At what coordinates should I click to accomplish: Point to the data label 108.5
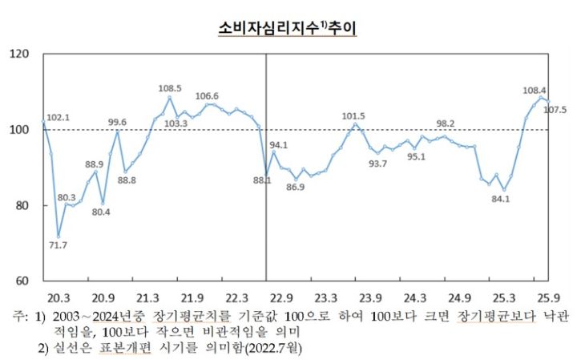[x=170, y=88]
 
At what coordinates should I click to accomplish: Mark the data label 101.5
[x=353, y=116]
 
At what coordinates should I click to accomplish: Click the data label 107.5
[x=556, y=110]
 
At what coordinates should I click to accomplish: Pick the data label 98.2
[x=446, y=123]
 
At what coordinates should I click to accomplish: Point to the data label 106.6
[x=208, y=96]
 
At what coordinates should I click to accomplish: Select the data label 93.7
[x=377, y=164]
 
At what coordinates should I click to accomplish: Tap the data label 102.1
[x=58, y=117]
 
